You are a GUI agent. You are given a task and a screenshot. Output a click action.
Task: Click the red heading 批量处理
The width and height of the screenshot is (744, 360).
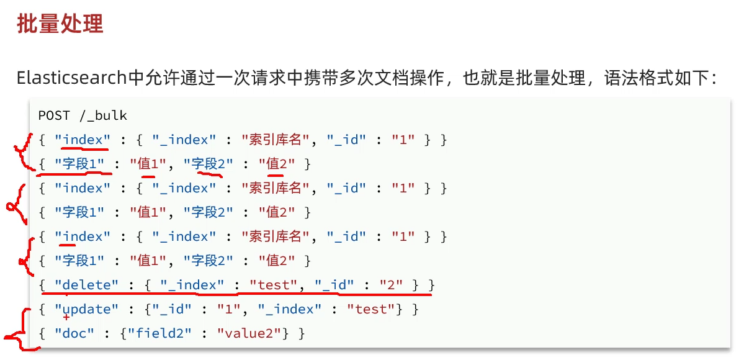tap(60, 24)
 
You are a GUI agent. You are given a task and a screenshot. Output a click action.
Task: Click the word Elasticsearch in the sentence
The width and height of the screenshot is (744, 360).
tap(71, 78)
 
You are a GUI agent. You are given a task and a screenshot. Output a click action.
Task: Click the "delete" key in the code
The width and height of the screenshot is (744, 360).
tap(86, 285)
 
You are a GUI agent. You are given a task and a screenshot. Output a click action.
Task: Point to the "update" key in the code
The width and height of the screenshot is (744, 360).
tap(86, 309)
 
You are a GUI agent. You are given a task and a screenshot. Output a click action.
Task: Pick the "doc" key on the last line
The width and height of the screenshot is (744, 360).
tap(74, 333)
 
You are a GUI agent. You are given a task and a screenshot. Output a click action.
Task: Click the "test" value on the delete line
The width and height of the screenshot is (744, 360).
tap(274, 285)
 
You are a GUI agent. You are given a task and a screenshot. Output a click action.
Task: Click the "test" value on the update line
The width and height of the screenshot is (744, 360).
tap(371, 309)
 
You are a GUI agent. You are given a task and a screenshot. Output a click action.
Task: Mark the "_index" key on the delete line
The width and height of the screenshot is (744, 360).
tap(192, 285)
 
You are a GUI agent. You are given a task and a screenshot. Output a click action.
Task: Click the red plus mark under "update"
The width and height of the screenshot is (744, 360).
tap(66, 317)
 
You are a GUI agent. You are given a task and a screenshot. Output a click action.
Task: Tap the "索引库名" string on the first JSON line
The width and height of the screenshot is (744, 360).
tap(274, 140)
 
